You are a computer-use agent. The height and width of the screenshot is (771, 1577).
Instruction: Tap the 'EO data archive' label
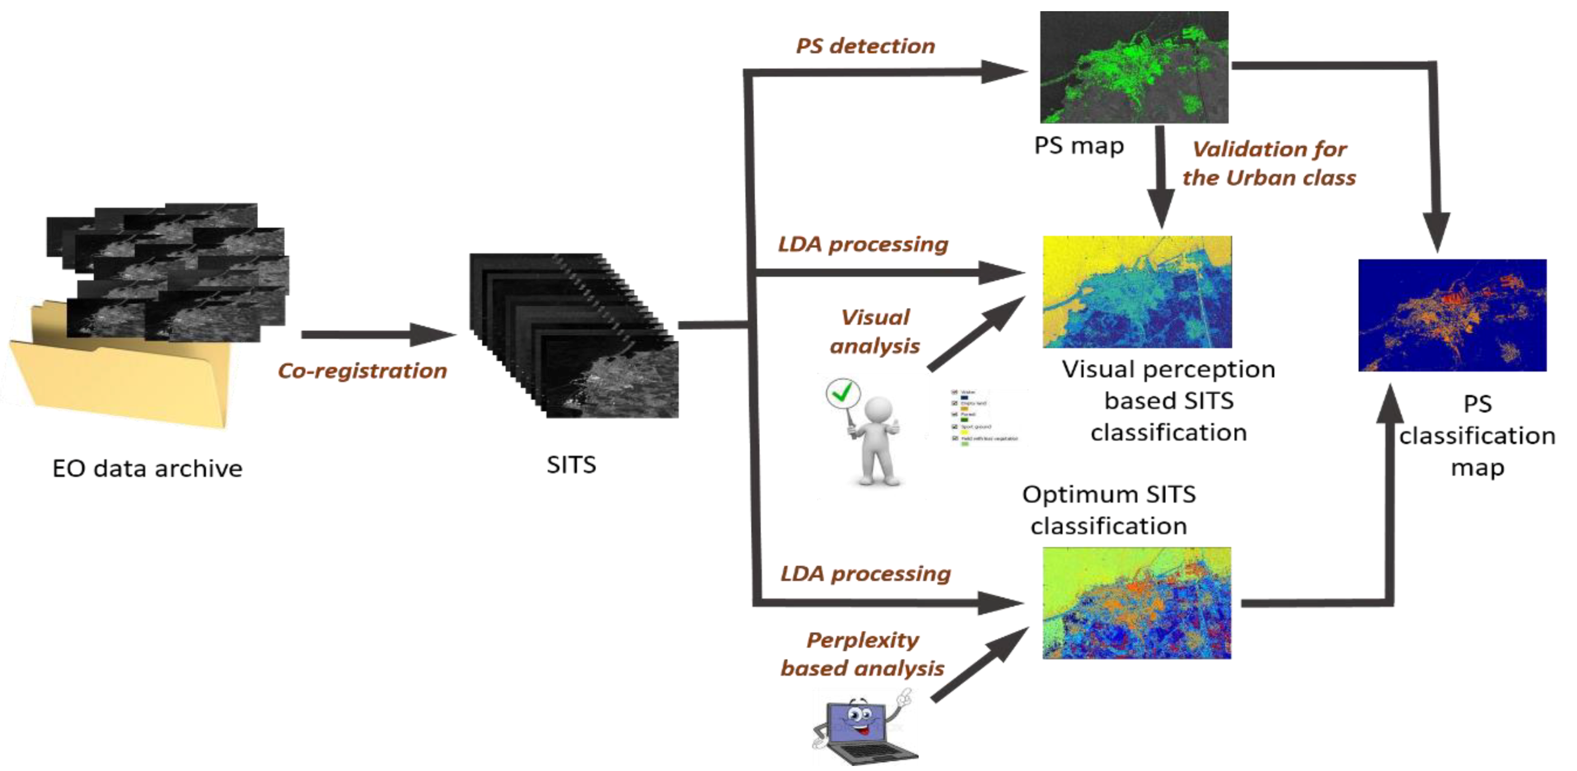point(147,469)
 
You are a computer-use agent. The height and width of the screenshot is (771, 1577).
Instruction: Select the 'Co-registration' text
point(362,371)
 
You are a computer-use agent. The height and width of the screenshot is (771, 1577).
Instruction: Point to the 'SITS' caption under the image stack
point(571,465)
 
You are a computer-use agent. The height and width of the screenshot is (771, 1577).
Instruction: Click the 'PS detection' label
point(865,46)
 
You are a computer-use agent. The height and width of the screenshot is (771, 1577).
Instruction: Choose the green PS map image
point(1134,68)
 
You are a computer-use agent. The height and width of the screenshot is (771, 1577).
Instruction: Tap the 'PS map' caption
point(1079,145)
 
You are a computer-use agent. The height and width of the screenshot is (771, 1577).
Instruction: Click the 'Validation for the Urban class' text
point(1269,163)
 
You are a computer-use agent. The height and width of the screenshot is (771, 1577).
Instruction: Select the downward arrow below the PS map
point(1160,178)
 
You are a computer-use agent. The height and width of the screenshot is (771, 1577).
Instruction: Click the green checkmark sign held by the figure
point(843,393)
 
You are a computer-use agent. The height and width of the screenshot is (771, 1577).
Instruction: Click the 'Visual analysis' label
point(875,331)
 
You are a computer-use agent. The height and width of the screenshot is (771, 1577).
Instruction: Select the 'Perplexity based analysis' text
point(863,654)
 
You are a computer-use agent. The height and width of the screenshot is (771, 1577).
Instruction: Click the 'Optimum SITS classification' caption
point(1109,509)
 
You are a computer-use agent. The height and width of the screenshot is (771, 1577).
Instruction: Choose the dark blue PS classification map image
point(1452,315)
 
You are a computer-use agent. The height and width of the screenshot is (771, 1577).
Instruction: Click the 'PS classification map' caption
point(1477,436)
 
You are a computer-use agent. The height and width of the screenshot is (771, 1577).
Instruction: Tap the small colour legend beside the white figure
point(983,417)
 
